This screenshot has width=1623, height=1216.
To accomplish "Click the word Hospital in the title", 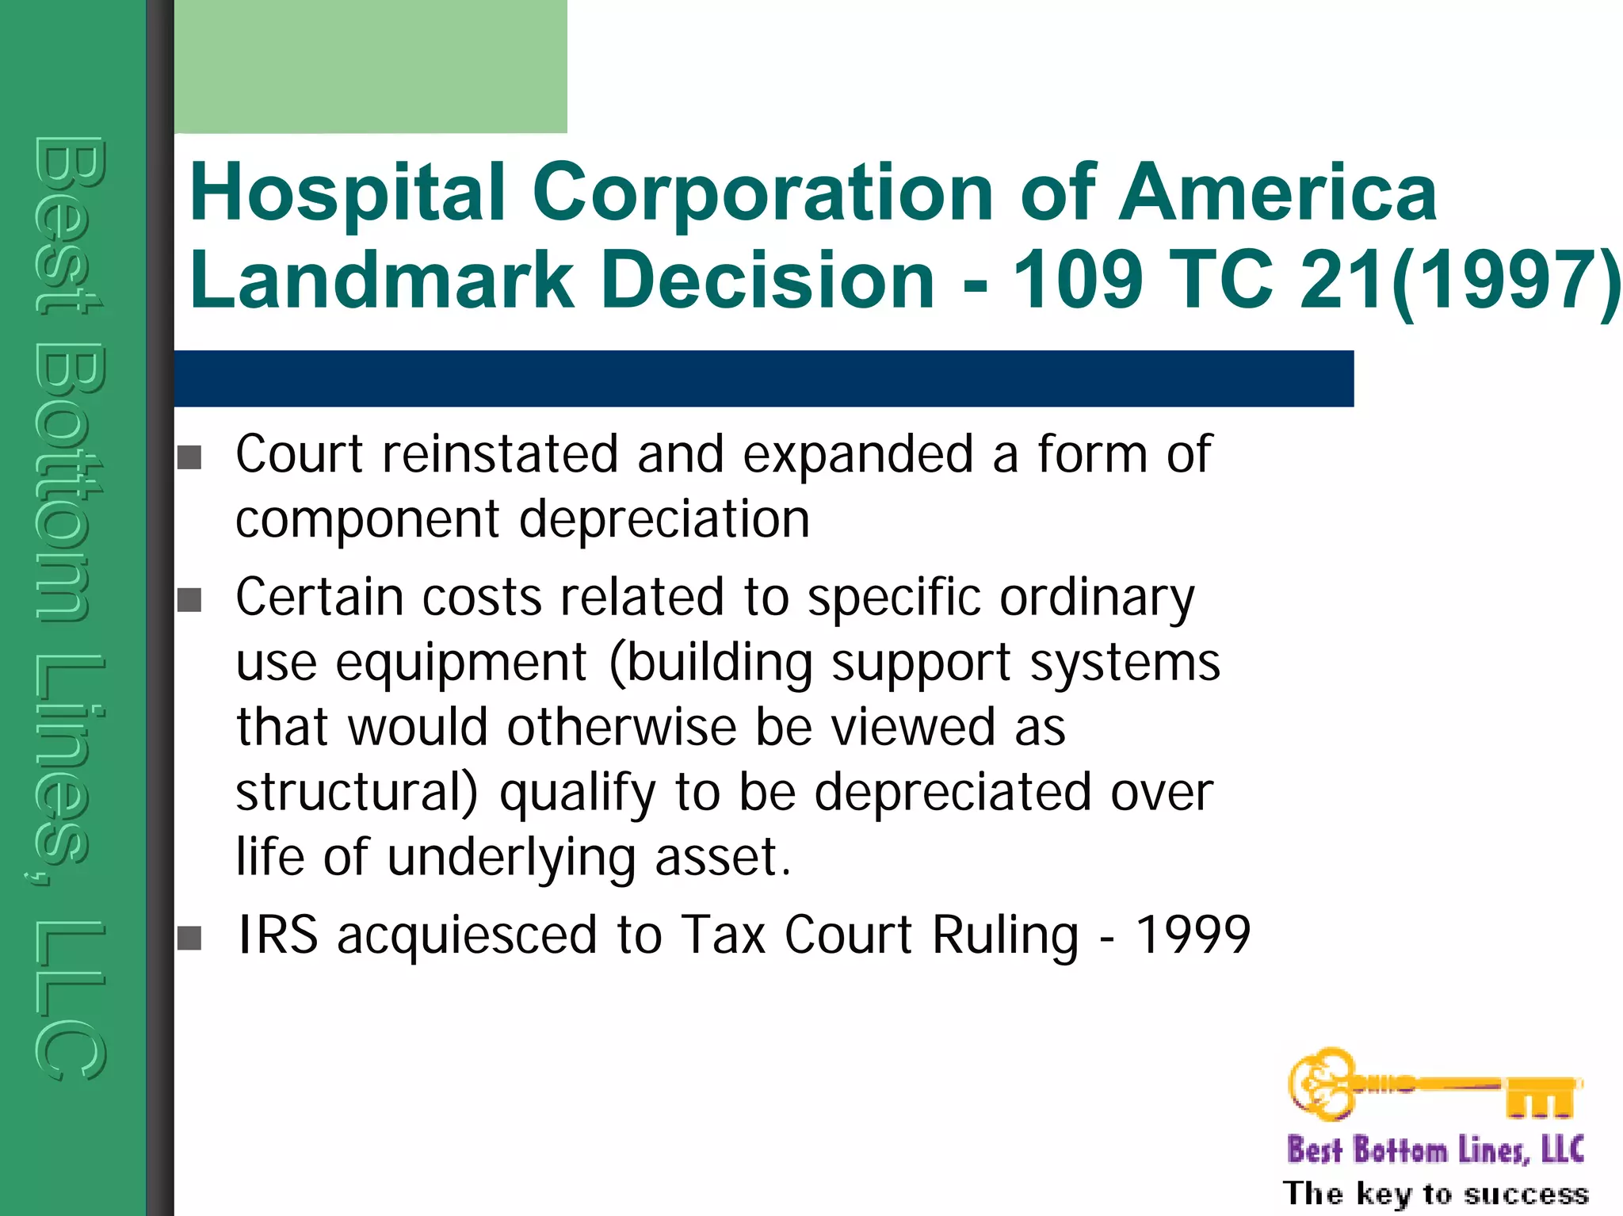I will pyautogui.click(x=347, y=193).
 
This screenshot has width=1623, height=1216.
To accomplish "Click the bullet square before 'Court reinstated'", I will pyautogui.click(x=189, y=457).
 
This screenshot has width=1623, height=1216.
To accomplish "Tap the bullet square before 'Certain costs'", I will pyautogui.click(x=189, y=600).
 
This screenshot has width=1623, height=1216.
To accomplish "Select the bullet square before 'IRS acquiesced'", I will pyautogui.click(x=189, y=938).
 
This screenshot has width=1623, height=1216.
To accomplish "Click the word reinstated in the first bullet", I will pyautogui.click(x=499, y=454).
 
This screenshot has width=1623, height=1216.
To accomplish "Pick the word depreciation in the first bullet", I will pyautogui.click(x=664, y=520).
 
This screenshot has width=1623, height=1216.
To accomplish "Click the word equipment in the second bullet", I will pyautogui.click(x=461, y=663).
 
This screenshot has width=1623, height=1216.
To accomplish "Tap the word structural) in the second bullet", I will pyautogui.click(x=357, y=792).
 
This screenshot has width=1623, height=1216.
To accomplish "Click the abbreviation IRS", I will pyautogui.click(x=277, y=935).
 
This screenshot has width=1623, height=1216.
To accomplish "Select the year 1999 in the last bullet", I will pyautogui.click(x=1193, y=935).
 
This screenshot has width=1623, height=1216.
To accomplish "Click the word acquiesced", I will pyautogui.click(x=467, y=936).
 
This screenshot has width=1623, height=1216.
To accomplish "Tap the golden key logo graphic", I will pyautogui.click(x=1434, y=1084).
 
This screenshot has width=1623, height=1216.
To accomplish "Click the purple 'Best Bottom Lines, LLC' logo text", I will pyautogui.click(x=1435, y=1149).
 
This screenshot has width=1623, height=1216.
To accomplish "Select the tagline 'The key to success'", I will pyautogui.click(x=1435, y=1193).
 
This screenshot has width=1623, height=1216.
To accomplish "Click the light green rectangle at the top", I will pyautogui.click(x=370, y=66).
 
